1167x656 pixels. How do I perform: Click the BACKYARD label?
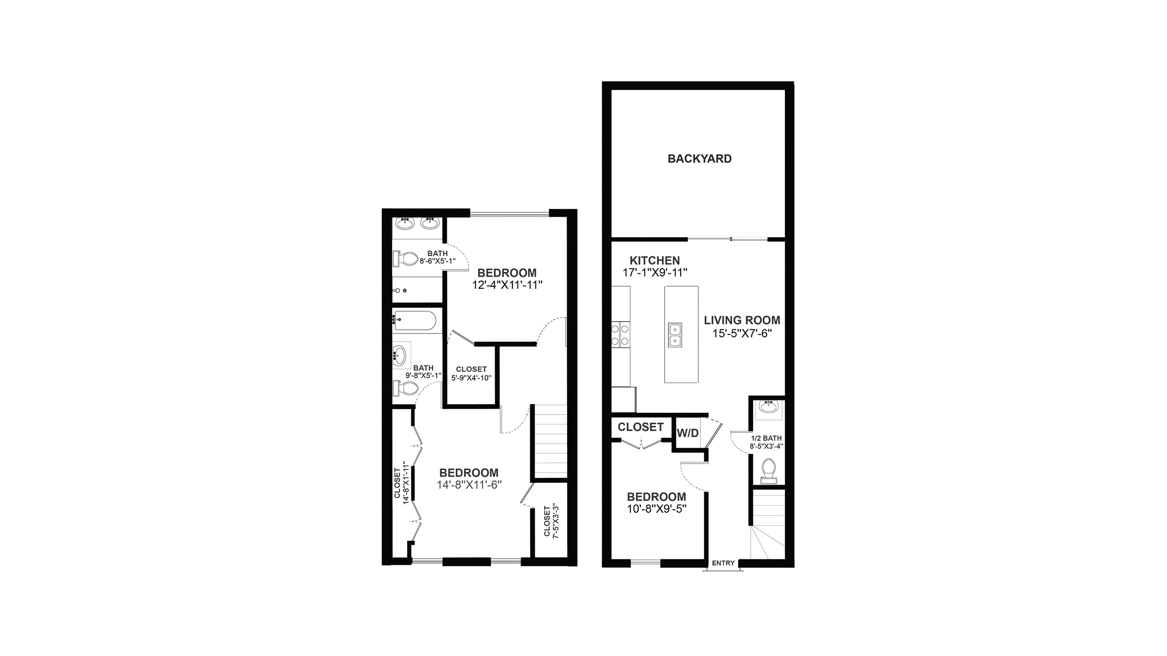[x=699, y=159]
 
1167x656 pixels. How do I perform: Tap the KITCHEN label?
[x=655, y=261]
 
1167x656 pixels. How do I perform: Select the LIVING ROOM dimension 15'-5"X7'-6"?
[x=742, y=333]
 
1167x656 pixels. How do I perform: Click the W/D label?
[x=687, y=433]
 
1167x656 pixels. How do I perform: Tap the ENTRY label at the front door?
[x=723, y=563]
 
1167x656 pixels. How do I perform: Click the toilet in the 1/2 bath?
[x=769, y=471]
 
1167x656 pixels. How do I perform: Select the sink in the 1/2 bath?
[x=769, y=406]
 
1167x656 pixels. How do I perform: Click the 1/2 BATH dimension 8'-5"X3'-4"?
[x=767, y=446]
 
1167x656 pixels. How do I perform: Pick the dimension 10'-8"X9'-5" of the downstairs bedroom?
[x=657, y=508]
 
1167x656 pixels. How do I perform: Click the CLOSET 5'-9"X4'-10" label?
[x=471, y=373]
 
